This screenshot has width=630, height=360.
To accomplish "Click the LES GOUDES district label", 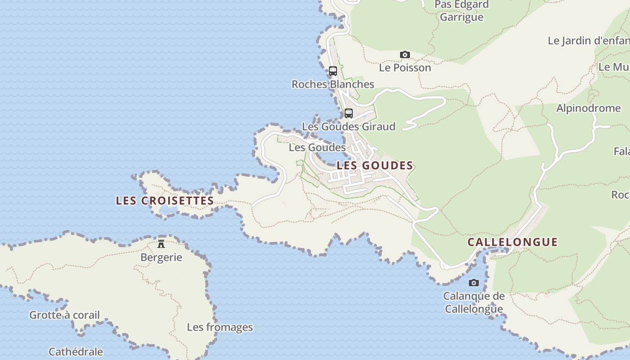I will pyautogui.click(x=375, y=166).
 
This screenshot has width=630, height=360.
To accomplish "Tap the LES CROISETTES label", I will pyautogui.click(x=165, y=201).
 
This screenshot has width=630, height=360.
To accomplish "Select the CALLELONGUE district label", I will pyautogui.click(x=513, y=242).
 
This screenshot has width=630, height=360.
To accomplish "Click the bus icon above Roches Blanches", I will pyautogui.click(x=333, y=71).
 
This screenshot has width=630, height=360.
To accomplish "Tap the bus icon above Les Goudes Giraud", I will pyautogui.click(x=349, y=113).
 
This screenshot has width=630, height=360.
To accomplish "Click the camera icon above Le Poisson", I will pyautogui.click(x=405, y=55).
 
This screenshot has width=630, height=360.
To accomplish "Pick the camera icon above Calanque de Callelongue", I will pyautogui.click(x=474, y=283).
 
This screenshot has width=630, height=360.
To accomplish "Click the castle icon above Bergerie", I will pyautogui.click(x=161, y=244).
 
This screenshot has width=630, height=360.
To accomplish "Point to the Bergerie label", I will pyautogui.click(x=161, y=257).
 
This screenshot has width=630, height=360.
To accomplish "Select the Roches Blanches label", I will pyautogui.click(x=333, y=84).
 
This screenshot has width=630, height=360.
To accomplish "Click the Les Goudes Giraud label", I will pyautogui.click(x=348, y=126).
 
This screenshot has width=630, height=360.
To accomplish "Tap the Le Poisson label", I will pyautogui.click(x=405, y=67).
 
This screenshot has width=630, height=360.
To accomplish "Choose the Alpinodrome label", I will pyautogui.click(x=588, y=108).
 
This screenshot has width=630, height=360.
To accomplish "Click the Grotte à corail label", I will pyautogui.click(x=64, y=315).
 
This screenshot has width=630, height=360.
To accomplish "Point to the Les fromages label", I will pyautogui.click(x=220, y=327).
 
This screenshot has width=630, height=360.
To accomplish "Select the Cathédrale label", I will pyautogui.click(x=76, y=351).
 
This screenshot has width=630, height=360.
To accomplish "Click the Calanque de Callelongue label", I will pyautogui.click(x=473, y=302).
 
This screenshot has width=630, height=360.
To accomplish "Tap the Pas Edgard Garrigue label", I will pyautogui.click(x=462, y=11).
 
